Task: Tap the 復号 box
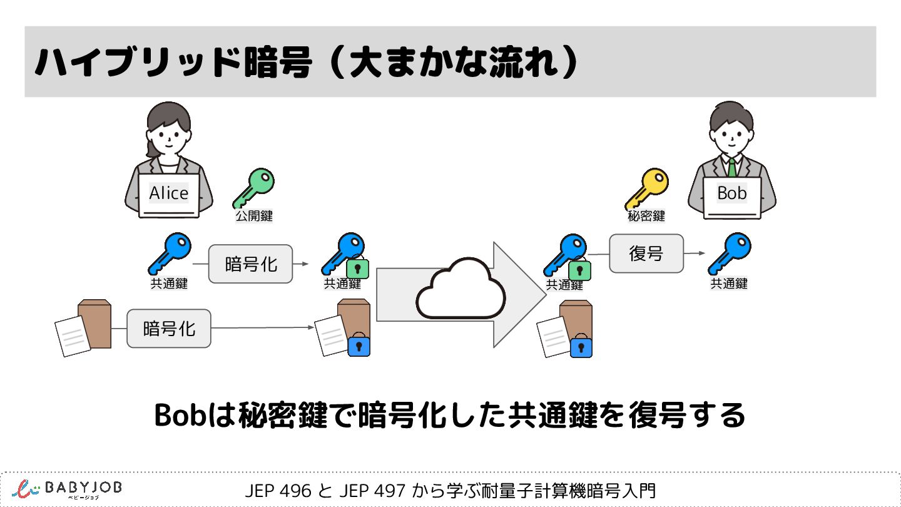coord(646,253)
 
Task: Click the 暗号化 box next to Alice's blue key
coord(251,264)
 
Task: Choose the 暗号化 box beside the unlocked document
coord(169,327)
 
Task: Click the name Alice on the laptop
coord(168,193)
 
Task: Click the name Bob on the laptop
coord(732,193)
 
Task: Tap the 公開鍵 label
coord(253,217)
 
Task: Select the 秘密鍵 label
coord(646,217)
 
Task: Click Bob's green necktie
coord(731,167)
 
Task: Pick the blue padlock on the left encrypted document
coord(358,345)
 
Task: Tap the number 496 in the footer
coord(298,491)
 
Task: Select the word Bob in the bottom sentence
coord(181,414)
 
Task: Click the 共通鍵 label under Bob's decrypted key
coord(729,284)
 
